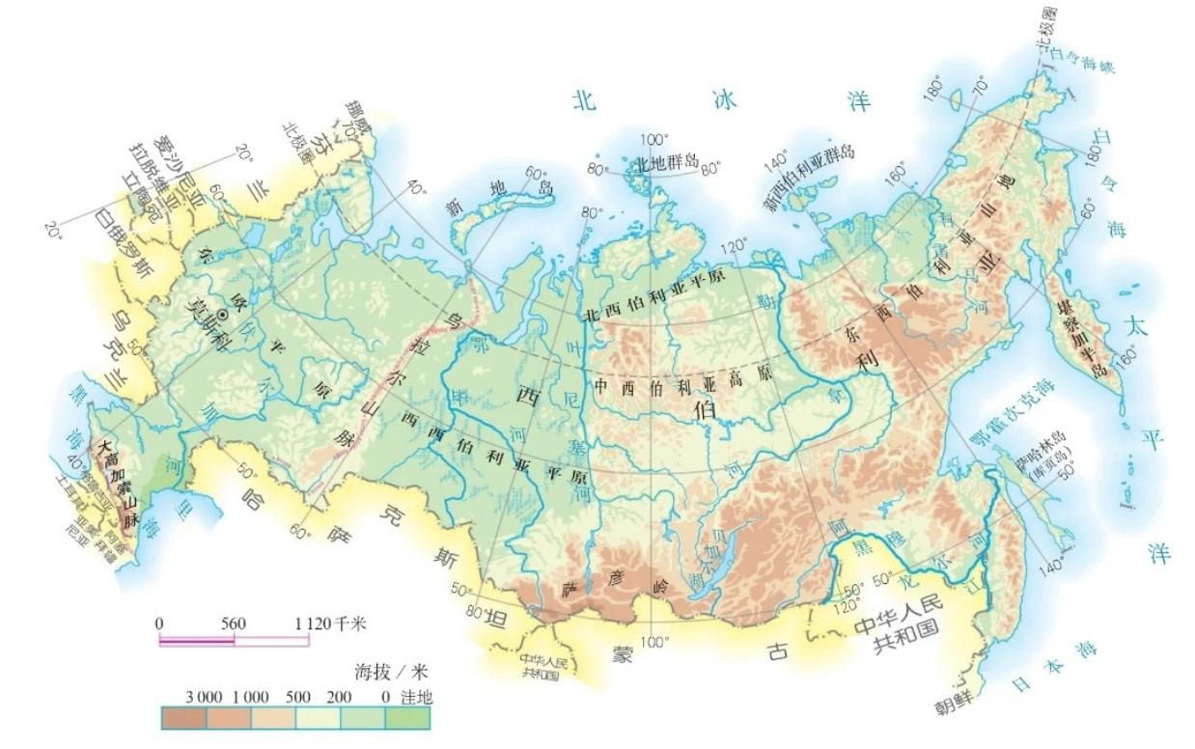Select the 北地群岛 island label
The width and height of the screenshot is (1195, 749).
click(x=665, y=162)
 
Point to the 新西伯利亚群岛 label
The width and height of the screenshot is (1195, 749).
click(x=809, y=179)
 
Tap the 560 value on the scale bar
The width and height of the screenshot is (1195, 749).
click(x=233, y=624)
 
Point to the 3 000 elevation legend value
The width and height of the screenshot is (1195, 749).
click(x=181, y=696)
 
